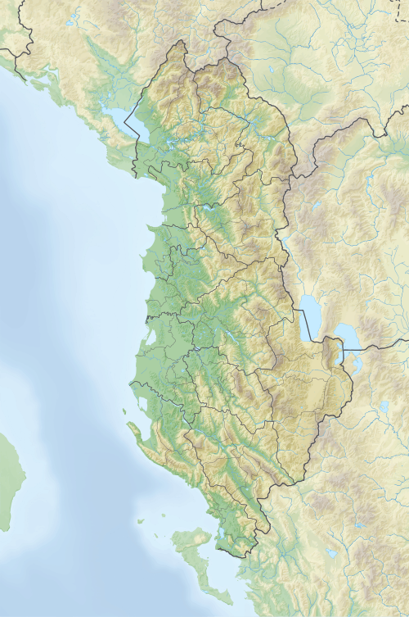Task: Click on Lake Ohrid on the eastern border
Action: tap(309, 315)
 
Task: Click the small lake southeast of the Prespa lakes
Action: tap(384, 406)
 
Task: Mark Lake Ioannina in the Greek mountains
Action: tap(331, 553)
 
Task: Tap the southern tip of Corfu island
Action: tap(228, 601)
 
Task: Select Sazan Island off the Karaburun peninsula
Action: tap(124, 412)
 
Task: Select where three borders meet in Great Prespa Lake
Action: tap(343, 350)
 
